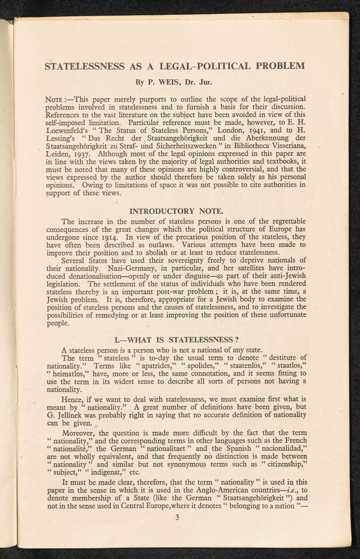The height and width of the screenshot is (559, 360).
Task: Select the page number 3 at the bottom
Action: pos(176,518)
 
